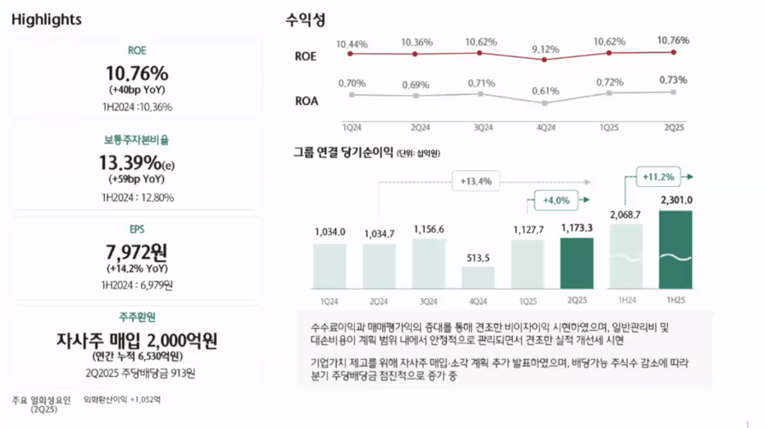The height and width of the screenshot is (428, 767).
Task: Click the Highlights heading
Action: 47,20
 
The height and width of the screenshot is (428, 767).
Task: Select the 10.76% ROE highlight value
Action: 137,73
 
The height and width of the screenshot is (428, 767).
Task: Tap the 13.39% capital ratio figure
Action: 137,162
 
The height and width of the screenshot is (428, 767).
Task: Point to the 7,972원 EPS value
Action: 137,252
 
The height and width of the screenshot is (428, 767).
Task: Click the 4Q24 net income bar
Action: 478,278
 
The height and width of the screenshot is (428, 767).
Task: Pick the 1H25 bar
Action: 675,249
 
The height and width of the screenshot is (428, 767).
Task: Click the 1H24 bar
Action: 626,255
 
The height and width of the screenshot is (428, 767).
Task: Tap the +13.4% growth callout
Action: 476,181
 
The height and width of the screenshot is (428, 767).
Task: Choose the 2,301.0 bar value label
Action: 676,201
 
